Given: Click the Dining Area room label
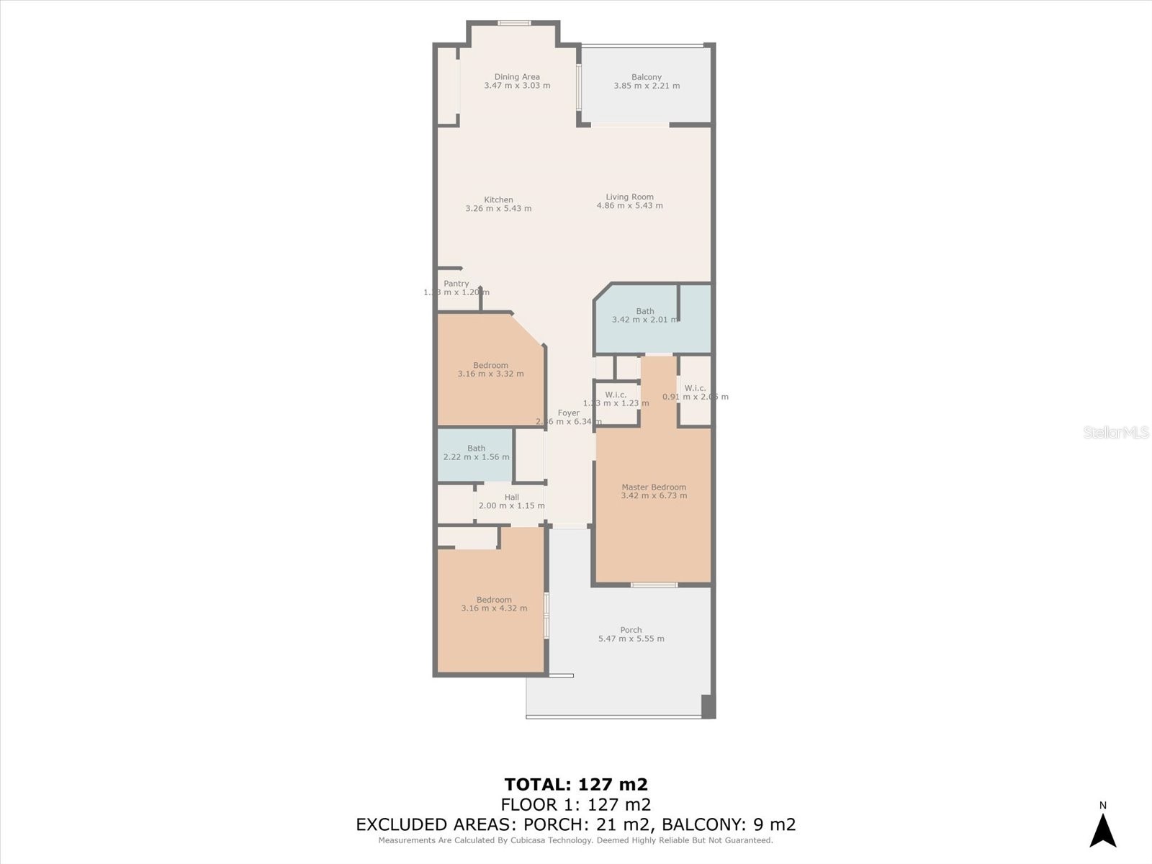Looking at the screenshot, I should coord(517,77).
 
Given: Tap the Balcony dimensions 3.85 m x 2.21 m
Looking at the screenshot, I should coord(647,86).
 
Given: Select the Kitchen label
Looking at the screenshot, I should coord(498,200).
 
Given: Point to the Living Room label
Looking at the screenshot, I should coord(629,197).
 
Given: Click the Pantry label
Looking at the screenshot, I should coord(456,284).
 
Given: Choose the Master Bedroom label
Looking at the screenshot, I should coord(654,487).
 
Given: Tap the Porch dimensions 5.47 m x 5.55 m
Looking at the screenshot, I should coord(631,639).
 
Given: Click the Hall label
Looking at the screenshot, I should coord(511,498).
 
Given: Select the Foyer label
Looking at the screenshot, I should coord(568,413).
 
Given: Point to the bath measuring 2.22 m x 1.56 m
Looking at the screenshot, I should coord(476,453).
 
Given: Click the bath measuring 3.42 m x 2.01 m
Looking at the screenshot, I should coord(644,316).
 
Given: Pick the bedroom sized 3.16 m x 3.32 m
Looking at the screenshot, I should coord(490,369).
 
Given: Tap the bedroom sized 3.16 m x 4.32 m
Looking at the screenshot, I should coord(494,604).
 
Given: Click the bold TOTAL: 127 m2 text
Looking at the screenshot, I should coord(576,784).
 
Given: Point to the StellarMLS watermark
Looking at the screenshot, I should coord(1115,432).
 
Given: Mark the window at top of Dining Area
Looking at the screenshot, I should coord(514,23).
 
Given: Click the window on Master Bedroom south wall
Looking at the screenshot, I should coord(654,585).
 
